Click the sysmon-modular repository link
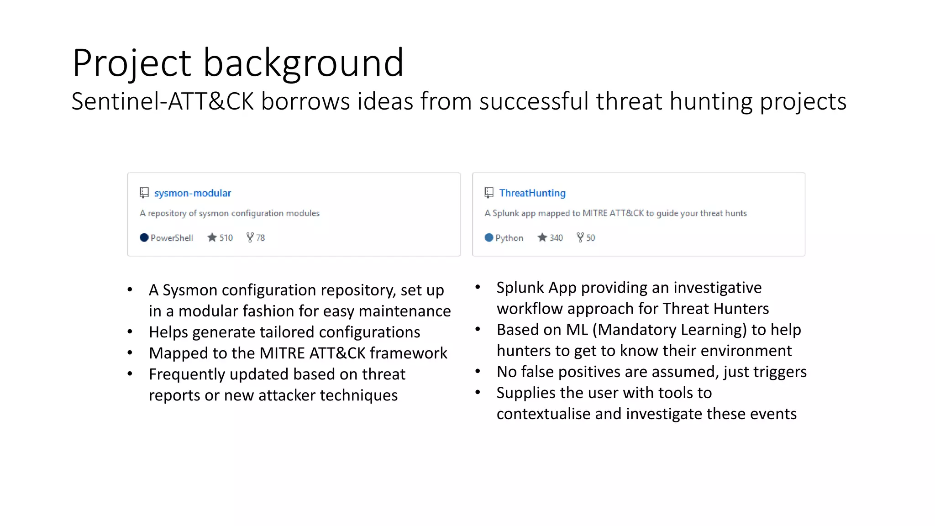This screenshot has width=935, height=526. (192, 193)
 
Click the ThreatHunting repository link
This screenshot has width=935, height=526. (532, 193)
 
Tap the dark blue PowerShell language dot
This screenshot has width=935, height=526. (144, 237)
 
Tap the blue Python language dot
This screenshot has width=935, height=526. (489, 237)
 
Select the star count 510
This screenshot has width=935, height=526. (226, 238)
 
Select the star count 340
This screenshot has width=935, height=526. (556, 238)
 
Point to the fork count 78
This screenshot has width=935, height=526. (260, 238)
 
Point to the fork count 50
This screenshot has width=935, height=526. (590, 238)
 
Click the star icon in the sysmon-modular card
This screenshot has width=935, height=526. (212, 237)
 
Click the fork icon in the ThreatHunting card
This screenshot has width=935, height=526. (580, 237)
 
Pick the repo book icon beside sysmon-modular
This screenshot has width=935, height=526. (144, 193)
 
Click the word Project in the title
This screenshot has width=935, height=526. (131, 63)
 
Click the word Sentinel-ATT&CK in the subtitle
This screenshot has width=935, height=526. (163, 101)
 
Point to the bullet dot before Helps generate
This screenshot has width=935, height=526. (130, 332)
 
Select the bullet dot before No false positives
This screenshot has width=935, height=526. (478, 371)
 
